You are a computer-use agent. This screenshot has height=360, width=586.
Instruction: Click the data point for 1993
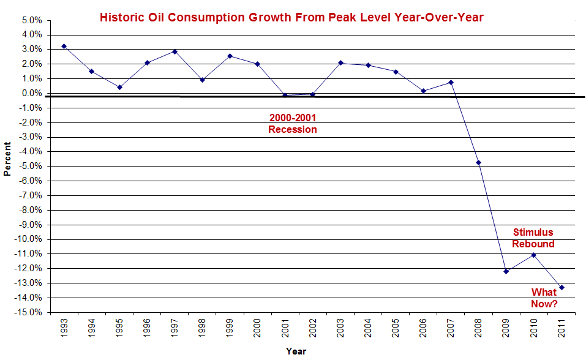[x=64, y=47]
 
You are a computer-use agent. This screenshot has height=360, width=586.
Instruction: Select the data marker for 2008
[x=478, y=163]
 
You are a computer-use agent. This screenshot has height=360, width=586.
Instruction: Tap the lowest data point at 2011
[x=562, y=288]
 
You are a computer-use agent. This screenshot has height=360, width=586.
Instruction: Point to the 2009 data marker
[x=506, y=271]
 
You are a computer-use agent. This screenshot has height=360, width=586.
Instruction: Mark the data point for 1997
[x=175, y=51]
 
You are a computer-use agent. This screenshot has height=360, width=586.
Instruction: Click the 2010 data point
[x=533, y=255]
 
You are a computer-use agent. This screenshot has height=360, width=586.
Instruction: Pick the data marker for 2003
[x=340, y=63]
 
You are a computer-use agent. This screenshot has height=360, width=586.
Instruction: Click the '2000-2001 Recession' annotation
[x=293, y=124]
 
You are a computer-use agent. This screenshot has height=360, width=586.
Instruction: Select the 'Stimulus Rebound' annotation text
[x=533, y=238]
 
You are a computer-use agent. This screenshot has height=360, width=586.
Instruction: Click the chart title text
[x=291, y=18]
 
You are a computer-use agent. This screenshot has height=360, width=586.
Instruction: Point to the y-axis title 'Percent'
[x=8, y=159]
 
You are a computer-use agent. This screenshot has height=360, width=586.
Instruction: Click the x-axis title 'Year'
[x=296, y=351]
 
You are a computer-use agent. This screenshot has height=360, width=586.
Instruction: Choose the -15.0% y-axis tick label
[x=29, y=312]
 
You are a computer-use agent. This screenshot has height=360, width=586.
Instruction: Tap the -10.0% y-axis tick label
[x=29, y=239]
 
